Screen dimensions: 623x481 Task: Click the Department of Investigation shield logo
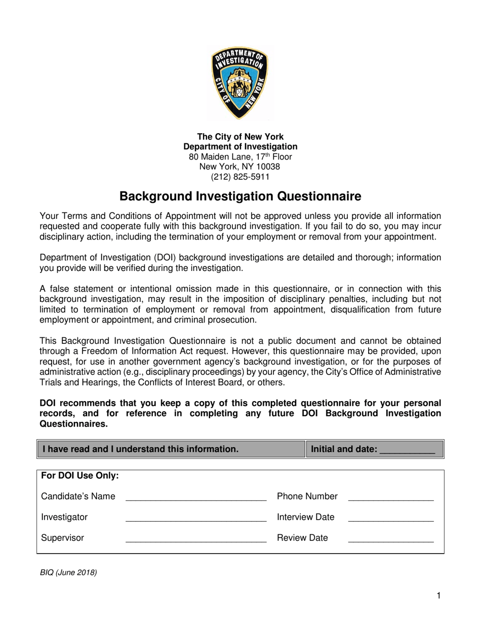tap(240, 82)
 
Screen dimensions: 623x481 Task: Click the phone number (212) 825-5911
tap(240, 177)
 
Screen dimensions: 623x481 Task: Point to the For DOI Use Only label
tap(80, 476)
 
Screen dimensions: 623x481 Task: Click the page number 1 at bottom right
tap(438, 596)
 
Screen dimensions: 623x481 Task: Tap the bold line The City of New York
tap(240, 137)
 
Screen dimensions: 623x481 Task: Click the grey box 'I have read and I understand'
tap(171, 449)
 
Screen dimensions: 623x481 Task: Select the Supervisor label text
tap(62, 538)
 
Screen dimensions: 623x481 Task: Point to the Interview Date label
tap(305, 517)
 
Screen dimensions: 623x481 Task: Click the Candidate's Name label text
tap(78, 496)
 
